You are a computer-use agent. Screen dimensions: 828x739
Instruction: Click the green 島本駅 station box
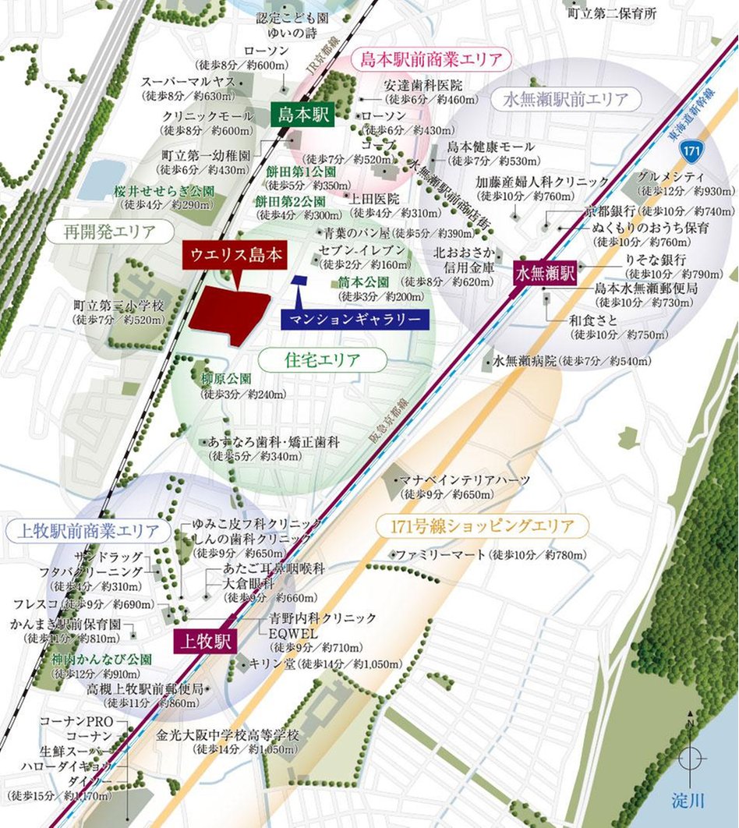pyautogui.click(x=303, y=116)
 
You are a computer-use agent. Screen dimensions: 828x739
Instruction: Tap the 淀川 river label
pyautogui.click(x=688, y=798)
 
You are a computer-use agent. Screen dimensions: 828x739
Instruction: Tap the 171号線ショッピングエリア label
pyautogui.click(x=481, y=526)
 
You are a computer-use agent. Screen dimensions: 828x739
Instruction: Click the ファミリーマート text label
pyautogui.click(x=440, y=555)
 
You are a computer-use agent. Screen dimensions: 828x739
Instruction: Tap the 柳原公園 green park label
pyautogui.click(x=226, y=378)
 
